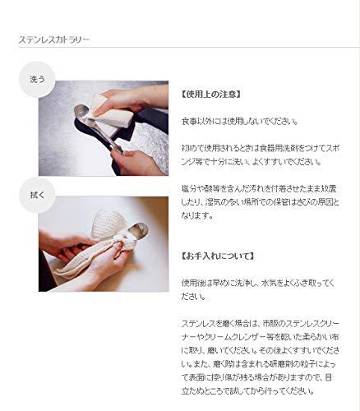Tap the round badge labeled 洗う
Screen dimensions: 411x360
click(36, 80)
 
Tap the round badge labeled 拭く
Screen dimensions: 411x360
click(36, 194)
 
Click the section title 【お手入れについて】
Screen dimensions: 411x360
click(217, 256)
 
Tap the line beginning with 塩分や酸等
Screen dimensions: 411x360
click(263, 188)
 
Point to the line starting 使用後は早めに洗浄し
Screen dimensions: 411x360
click(263, 282)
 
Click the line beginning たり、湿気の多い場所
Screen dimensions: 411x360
click(263, 201)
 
